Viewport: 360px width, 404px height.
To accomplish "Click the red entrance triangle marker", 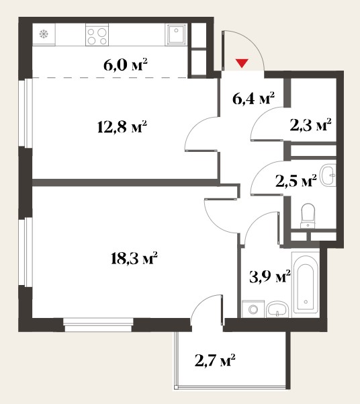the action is tap(242, 63).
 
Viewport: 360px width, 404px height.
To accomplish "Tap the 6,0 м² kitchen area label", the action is tap(126, 65).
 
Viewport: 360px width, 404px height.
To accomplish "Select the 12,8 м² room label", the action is tap(122, 126).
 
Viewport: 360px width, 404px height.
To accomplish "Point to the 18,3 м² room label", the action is tap(134, 258).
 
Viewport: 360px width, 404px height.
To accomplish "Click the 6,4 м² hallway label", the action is tap(253, 98).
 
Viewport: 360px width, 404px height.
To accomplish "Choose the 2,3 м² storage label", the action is tap(310, 125).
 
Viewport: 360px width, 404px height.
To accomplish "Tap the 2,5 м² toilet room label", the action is tap(296, 181).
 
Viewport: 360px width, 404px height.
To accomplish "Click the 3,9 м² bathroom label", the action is tap(270, 276).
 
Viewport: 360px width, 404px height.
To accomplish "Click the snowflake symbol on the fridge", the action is tap(44, 34).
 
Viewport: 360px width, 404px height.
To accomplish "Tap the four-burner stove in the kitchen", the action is tap(97, 34).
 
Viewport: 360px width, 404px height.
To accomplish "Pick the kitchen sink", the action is tap(177, 34).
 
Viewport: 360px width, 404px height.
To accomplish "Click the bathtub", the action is tap(306, 282).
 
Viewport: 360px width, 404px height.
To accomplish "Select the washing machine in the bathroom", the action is tap(253, 309).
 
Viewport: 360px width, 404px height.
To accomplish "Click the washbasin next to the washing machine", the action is tap(277, 309).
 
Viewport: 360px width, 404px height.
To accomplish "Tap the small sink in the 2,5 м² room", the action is tap(328, 175).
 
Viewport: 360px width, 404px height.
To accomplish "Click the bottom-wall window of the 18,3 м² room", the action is tap(98, 325).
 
